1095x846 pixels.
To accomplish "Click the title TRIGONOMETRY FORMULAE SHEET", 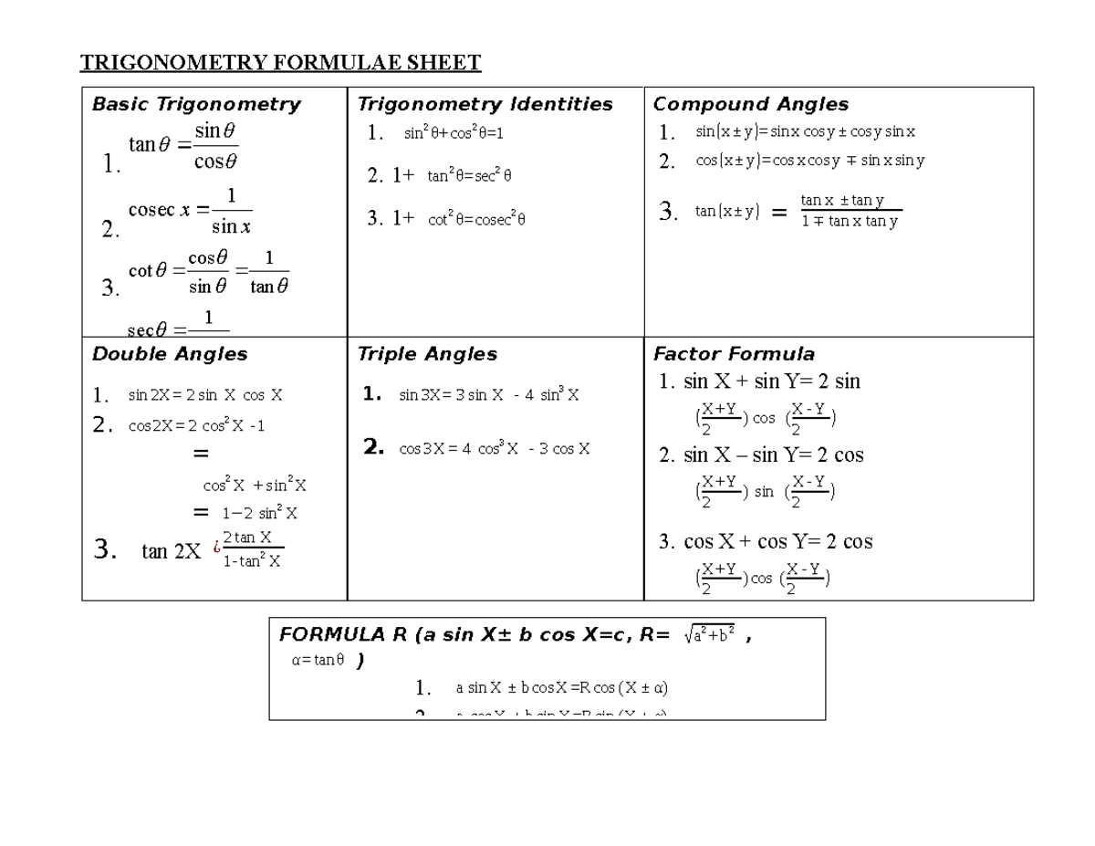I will pos(280,63).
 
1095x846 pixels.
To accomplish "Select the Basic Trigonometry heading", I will pos(196,104).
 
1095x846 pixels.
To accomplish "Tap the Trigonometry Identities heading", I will pos(485,104).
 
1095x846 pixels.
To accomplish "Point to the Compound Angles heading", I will pos(750,104).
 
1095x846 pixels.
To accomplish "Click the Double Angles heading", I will pos(170,353).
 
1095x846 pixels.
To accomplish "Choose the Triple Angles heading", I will pos(427,353).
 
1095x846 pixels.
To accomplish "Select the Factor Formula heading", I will pos(734,353).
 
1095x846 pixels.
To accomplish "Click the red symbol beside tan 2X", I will pos(216,548).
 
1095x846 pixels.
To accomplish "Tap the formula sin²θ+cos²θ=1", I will pos(454,133).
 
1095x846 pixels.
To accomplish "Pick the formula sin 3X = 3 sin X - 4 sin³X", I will pos(488,395).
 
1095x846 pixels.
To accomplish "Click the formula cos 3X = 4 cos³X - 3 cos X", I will pos(494,448).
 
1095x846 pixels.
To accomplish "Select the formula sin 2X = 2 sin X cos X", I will pos(204,395).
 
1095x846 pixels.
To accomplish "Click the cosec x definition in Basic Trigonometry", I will pos(191,211).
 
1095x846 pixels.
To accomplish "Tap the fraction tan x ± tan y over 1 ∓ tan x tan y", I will pos(849,211).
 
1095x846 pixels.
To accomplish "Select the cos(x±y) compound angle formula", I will pos(809,161).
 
